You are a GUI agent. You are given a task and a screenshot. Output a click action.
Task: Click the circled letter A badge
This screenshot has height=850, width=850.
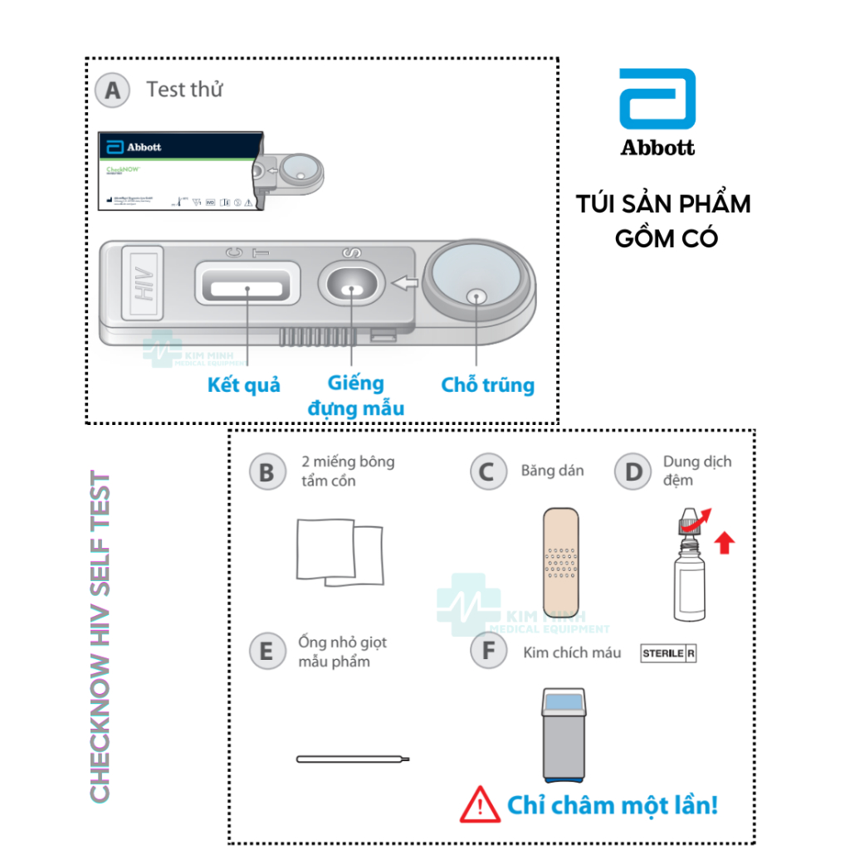click(112, 90)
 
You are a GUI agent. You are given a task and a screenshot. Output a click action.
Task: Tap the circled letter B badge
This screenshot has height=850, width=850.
click(266, 471)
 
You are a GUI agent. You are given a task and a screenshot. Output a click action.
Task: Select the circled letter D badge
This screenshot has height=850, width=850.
click(633, 471)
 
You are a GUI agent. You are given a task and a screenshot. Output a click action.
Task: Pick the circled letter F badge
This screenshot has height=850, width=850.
click(487, 651)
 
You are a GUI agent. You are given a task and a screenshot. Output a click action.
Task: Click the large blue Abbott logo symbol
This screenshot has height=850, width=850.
click(657, 99)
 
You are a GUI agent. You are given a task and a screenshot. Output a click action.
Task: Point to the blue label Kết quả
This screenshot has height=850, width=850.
click(243, 385)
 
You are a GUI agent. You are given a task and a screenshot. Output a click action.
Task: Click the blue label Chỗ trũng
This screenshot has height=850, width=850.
click(487, 385)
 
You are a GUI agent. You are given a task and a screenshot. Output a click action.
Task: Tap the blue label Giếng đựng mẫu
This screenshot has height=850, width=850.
click(355, 395)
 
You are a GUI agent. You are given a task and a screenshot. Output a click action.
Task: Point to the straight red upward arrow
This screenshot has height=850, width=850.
click(725, 543)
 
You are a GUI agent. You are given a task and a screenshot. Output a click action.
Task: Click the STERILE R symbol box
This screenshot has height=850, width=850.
click(668, 653)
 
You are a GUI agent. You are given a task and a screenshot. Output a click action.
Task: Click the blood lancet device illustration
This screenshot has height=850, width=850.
click(564, 734)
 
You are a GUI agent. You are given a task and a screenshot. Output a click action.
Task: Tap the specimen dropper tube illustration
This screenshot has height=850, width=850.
click(353, 758)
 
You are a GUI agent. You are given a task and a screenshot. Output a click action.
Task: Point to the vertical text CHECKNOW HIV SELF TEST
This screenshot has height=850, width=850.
click(100, 637)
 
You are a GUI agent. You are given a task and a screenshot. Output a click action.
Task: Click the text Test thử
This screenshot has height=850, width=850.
click(184, 90)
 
